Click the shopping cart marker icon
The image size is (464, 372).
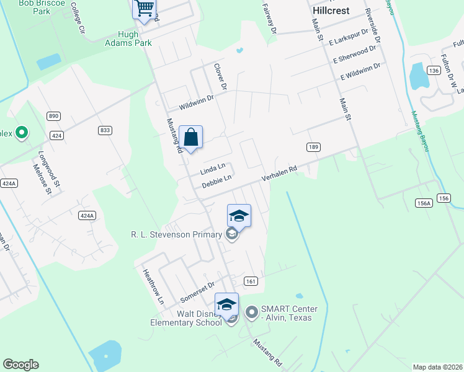(x=144, y=9)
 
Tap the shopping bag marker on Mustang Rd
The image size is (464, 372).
(x=191, y=137)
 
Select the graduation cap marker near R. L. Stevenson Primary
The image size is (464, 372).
(x=239, y=216)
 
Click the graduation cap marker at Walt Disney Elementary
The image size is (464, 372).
(x=226, y=304)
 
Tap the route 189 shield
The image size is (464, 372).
(x=313, y=146)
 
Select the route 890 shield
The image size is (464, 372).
(x=54, y=116)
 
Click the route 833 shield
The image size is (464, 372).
(x=105, y=130)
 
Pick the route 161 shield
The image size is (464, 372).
(x=251, y=281)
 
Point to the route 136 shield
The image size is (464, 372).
(x=434, y=71)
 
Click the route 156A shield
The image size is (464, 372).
(x=424, y=203)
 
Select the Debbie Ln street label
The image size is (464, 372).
(x=216, y=181)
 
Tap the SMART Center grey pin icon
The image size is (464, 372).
(x=251, y=312)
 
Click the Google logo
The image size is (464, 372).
(x=20, y=365)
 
